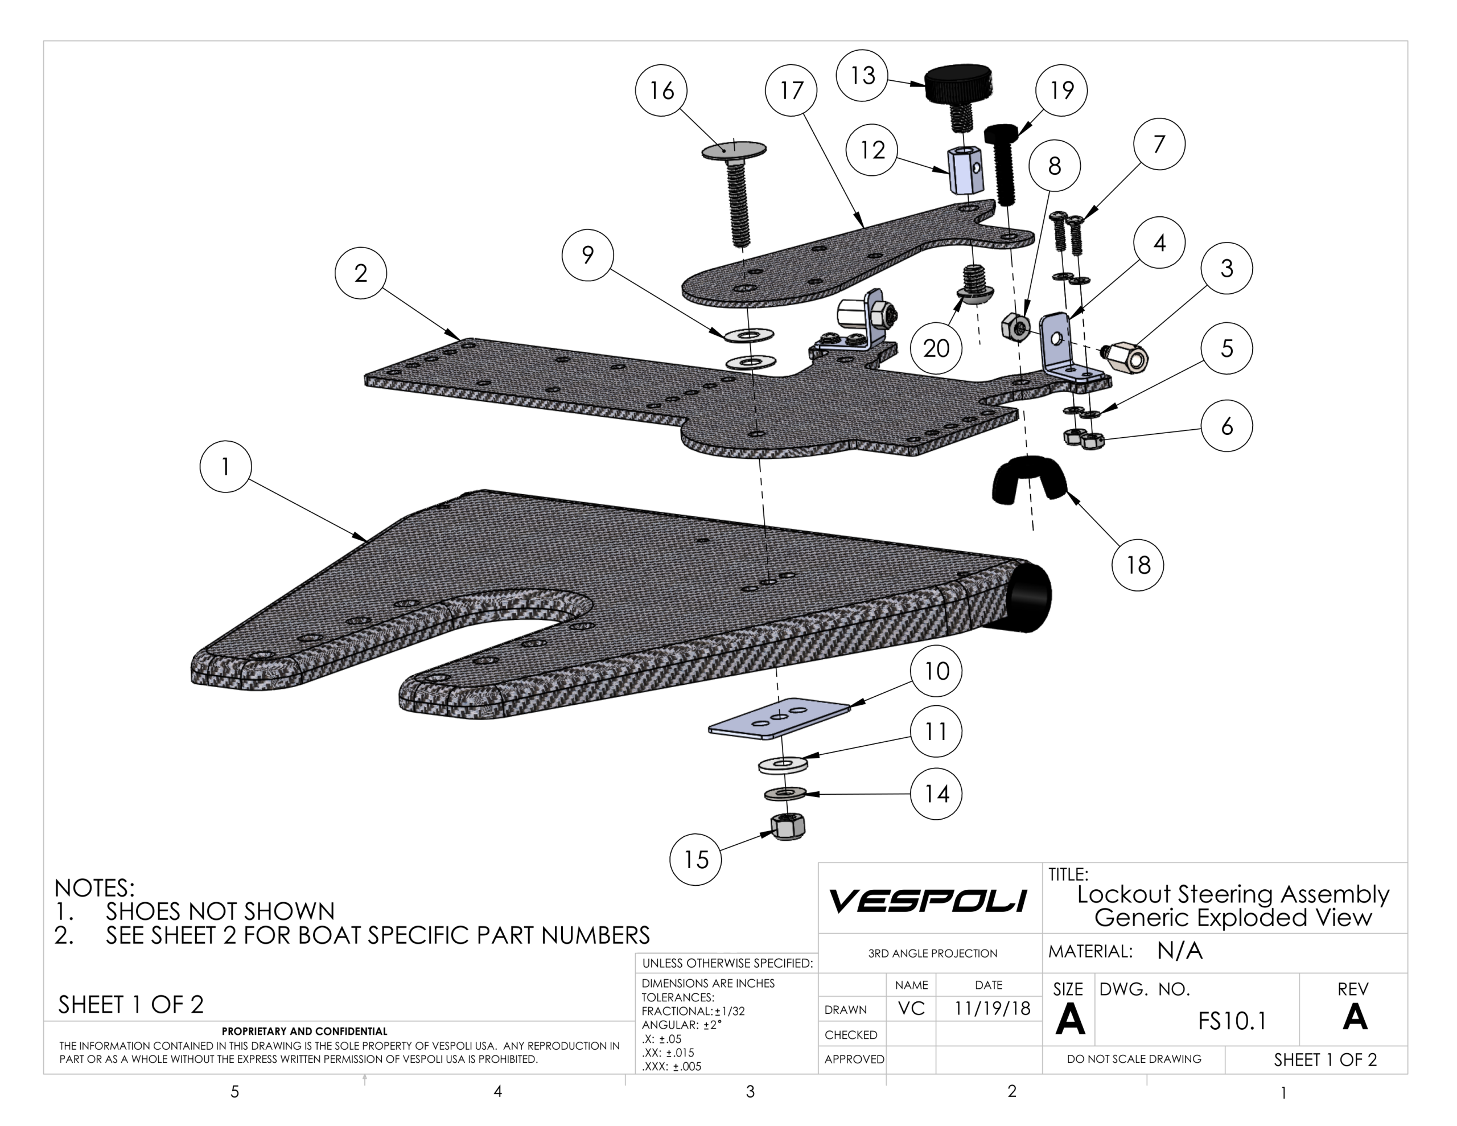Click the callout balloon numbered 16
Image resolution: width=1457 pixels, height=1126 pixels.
click(x=661, y=91)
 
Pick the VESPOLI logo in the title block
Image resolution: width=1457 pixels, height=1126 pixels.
click(x=928, y=901)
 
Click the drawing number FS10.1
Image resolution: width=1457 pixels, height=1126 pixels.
click(x=1232, y=1021)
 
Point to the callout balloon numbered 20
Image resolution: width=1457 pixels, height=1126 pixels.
click(x=936, y=348)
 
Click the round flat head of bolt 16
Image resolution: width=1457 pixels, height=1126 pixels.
click(x=734, y=150)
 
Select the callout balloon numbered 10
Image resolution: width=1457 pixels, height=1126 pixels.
click(x=936, y=671)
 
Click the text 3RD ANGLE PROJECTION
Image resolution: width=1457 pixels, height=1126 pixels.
click(x=932, y=953)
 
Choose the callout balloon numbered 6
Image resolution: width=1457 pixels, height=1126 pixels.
click(x=1226, y=426)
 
